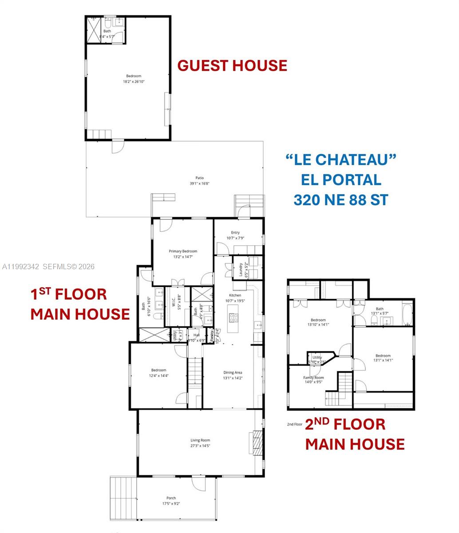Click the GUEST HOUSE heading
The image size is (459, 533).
(232, 65)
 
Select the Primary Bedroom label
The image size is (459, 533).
(183, 251)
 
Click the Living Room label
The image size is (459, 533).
(200, 441)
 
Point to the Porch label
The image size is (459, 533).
(171, 498)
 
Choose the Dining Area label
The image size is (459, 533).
(233, 373)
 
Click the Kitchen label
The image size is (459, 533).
(235, 295)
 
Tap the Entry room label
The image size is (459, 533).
(235, 233)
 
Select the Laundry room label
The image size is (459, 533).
(241, 270)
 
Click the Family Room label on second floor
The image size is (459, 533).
(313, 378)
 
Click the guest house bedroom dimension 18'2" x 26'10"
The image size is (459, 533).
(134, 82)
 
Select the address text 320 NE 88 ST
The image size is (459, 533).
(340, 199)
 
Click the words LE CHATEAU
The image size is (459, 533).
(340, 159)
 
